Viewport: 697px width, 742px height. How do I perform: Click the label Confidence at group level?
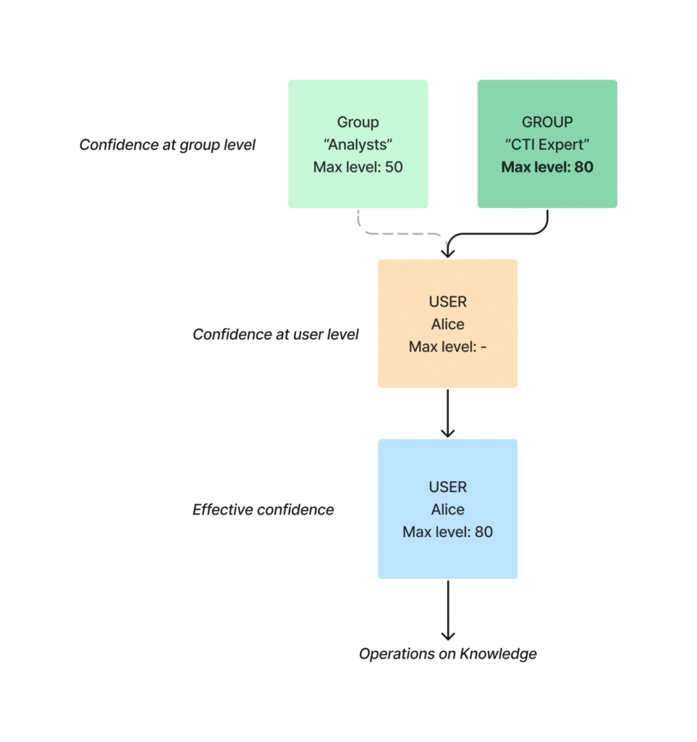point(167,145)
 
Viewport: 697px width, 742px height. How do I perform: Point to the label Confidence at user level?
point(275,334)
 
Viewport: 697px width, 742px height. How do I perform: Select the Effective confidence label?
point(263,509)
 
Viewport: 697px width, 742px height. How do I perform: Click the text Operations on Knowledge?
point(448,654)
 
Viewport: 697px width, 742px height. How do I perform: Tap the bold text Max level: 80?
point(547,167)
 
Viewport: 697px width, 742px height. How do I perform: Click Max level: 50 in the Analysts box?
point(358,167)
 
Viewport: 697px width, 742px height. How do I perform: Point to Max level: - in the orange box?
point(447,347)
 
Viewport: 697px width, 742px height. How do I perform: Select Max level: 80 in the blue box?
point(447,532)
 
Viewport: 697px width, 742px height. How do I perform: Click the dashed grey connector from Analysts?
point(391,233)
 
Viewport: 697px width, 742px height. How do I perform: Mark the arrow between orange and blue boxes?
point(448,413)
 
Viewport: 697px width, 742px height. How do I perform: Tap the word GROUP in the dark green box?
point(547,122)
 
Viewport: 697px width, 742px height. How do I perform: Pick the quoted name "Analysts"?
point(358,145)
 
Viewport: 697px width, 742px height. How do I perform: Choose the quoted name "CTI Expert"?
point(547,145)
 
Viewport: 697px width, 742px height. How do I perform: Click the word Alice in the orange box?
point(447,324)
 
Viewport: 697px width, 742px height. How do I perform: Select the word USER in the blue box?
point(447,487)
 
